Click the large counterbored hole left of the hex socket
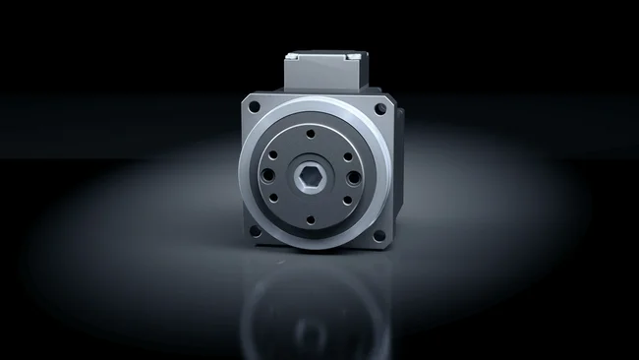point(271,178)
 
